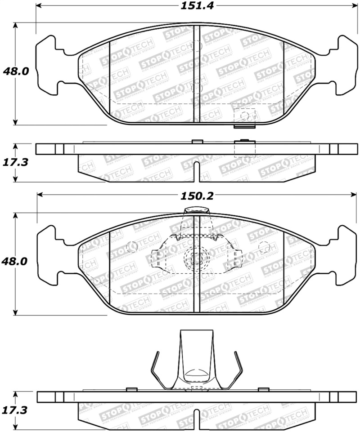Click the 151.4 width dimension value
(x=192, y=6)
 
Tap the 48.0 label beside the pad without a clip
(x=16, y=71)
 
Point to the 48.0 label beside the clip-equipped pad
(x=16, y=261)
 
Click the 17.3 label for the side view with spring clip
(x=16, y=410)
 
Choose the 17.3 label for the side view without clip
(x=16, y=162)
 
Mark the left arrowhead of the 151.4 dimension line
(x=39, y=6)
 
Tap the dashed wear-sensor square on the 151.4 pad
(x=245, y=116)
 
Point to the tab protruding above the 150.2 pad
(x=196, y=211)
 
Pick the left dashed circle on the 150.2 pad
(x=132, y=246)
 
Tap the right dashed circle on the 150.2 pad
(x=265, y=247)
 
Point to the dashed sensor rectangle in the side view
(x=245, y=148)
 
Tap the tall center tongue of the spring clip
(x=196, y=355)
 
